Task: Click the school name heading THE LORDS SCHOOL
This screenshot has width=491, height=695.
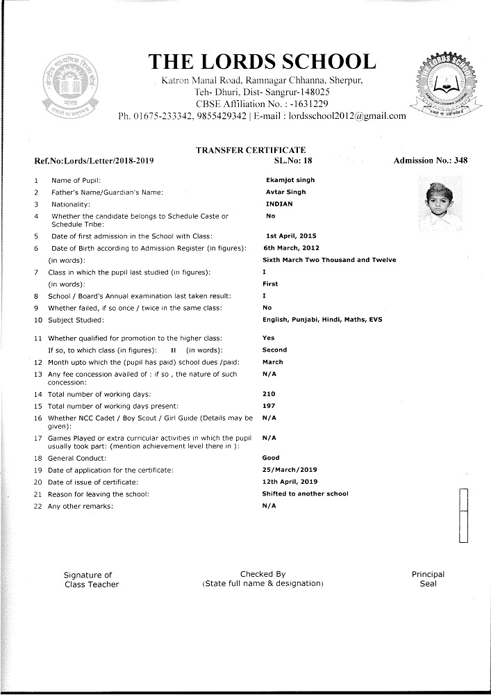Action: point(263,62)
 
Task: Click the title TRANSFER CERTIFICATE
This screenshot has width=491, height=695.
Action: point(251,150)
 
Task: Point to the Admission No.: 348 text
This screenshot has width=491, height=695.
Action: point(430,161)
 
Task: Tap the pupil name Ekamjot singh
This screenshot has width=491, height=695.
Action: point(286,180)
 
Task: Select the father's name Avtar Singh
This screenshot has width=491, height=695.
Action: point(285,192)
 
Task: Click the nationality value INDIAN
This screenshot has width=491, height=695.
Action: point(279,204)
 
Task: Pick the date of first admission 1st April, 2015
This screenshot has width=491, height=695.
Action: point(291,236)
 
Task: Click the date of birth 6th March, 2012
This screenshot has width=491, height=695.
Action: point(290,247)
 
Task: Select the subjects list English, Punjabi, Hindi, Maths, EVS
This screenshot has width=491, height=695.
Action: point(322,320)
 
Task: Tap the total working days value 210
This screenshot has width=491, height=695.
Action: point(269,394)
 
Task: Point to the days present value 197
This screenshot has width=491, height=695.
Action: point(269,405)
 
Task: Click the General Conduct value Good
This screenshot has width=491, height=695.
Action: point(271,458)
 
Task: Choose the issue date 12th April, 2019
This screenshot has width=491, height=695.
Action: point(290,482)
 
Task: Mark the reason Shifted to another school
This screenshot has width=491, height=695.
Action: point(305,493)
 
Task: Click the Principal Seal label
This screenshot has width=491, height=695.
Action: point(428,579)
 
